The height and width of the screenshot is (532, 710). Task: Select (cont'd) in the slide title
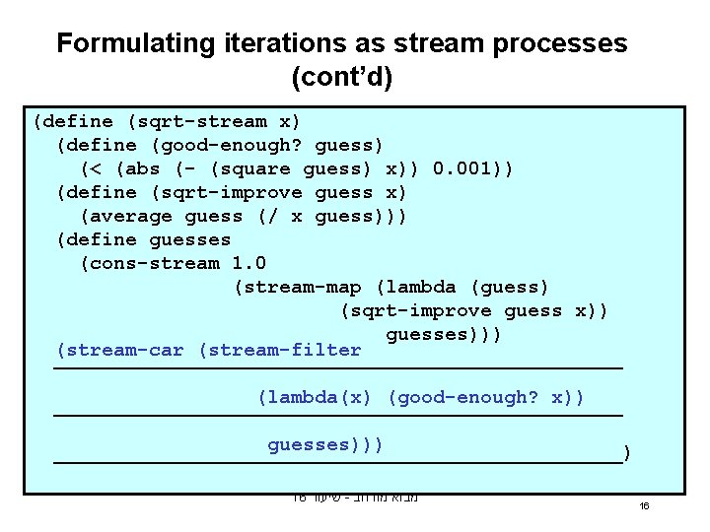point(342,77)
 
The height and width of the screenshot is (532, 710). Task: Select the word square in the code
point(256,169)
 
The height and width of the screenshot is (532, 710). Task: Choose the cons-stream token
point(155,264)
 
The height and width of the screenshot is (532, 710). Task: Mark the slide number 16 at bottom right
point(644,505)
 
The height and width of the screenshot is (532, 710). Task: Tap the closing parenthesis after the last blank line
point(627,455)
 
